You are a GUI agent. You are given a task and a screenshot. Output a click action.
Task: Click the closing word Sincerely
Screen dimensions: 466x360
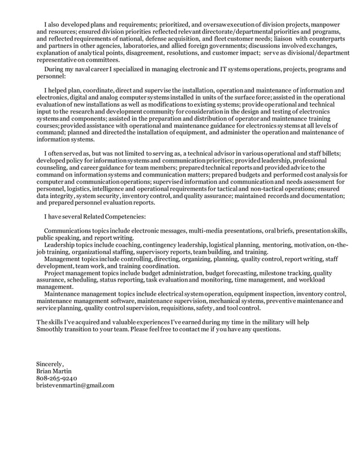point(50,363)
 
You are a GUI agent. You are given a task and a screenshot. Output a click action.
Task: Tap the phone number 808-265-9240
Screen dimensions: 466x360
point(57,378)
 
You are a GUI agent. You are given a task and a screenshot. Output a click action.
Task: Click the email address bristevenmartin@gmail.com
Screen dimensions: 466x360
point(75,385)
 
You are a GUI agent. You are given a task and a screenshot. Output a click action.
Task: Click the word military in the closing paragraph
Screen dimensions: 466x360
point(271,322)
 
